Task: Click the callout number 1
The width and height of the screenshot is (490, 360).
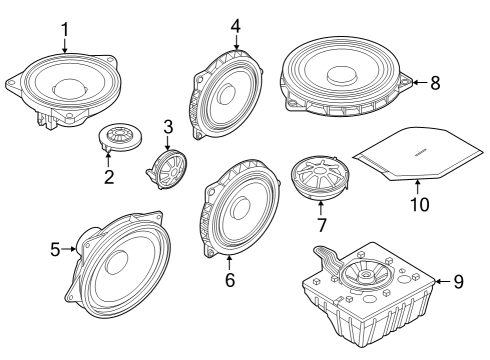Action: coord(64,29)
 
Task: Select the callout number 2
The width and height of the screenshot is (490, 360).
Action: coord(109,178)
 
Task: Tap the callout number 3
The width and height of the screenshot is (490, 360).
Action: coord(168,127)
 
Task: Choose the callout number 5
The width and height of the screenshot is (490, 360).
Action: coord(57,250)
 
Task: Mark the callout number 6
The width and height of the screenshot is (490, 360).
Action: coord(229,281)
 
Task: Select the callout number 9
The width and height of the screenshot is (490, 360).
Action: coord(458,281)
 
